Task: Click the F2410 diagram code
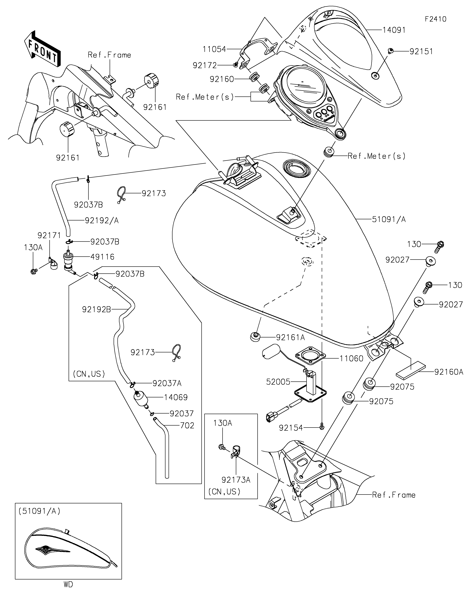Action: [435, 19]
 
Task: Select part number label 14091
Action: [394, 30]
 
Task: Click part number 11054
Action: [214, 49]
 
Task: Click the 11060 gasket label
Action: [351, 359]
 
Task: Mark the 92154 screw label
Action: [291, 428]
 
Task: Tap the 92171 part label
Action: [49, 235]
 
